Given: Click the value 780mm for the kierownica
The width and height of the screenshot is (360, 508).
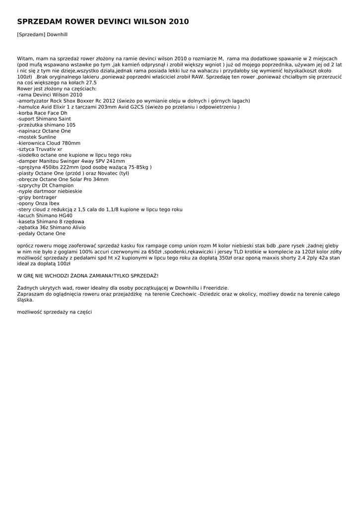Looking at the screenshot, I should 70,143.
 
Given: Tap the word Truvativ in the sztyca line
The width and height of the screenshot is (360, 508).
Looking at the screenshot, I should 45,149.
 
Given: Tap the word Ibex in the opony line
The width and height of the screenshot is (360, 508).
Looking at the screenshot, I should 54,203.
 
